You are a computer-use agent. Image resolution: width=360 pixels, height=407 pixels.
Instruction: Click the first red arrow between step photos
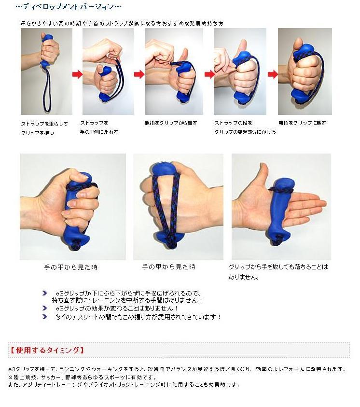pos(77,74)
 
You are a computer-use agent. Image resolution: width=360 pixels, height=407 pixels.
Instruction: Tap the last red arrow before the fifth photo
pos(273,74)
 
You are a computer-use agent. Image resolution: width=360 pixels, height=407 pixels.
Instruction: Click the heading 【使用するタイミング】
pos(47,351)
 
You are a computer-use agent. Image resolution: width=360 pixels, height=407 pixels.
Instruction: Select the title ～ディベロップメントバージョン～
pos(68,7)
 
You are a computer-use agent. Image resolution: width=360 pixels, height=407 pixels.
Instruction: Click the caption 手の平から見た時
pos(70,267)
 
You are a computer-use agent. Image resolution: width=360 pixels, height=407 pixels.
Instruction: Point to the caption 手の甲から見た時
pos(168,267)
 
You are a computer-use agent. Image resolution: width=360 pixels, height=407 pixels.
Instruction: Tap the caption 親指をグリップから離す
pos(171,123)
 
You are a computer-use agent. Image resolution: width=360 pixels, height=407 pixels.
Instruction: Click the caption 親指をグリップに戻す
pos(302,123)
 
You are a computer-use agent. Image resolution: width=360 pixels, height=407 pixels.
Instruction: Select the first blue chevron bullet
pos(44,293)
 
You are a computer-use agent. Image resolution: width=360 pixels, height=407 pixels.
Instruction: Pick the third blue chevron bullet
pos(44,317)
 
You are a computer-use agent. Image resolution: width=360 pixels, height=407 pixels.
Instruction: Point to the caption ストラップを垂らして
pos(44,124)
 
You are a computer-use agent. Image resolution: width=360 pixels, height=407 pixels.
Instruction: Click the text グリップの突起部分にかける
pos(245,132)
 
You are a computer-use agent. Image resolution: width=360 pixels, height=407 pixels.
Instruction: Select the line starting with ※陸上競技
pos(83,377)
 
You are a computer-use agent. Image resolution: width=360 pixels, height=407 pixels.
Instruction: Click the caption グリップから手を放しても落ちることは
pos(278,267)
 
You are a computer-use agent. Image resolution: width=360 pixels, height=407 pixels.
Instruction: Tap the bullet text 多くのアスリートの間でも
pos(138,317)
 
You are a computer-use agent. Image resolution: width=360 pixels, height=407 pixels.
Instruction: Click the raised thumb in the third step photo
pos(184,56)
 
